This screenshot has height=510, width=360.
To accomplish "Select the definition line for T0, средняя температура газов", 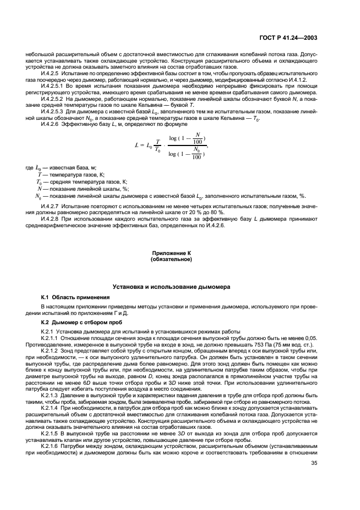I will coord(82,181).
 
